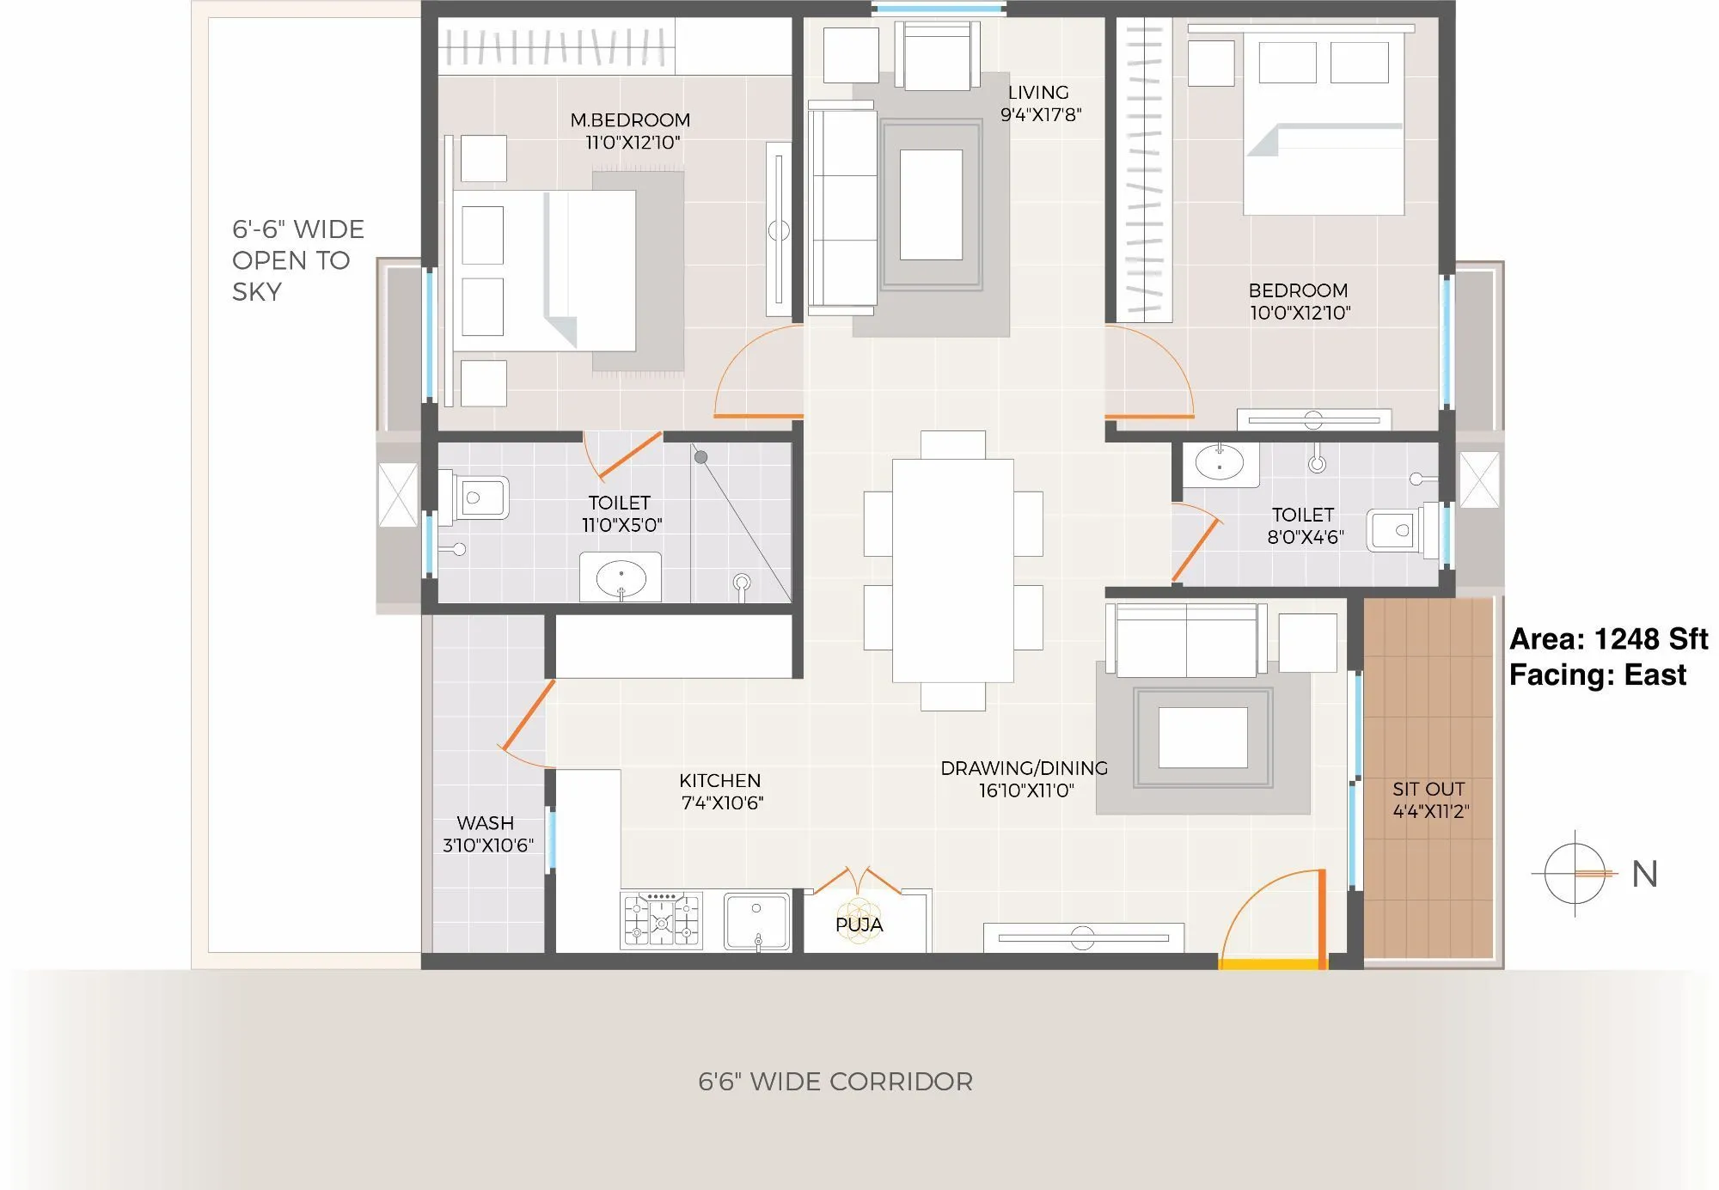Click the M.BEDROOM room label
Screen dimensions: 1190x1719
tap(630, 120)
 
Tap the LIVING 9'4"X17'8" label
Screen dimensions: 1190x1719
tap(1040, 103)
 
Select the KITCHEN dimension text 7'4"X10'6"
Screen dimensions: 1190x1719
tap(722, 803)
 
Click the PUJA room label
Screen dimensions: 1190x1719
tap(859, 925)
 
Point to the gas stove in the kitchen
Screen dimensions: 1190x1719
tap(661, 920)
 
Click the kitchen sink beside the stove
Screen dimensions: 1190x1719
tap(756, 921)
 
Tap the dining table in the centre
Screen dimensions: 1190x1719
tap(952, 571)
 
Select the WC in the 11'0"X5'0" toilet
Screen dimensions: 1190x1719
tap(475, 497)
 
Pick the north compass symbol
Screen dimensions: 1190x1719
tap(1575, 874)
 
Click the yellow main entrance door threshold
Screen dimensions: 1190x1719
tap(1270, 965)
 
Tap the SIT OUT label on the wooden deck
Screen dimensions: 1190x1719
tap(1428, 789)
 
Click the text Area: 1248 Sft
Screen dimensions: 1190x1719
tap(1608, 639)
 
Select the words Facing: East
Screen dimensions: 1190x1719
tap(1597, 675)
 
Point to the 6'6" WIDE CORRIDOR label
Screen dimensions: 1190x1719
tap(835, 1082)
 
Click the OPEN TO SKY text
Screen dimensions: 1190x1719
tap(291, 260)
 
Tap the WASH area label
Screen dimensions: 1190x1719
tap(485, 823)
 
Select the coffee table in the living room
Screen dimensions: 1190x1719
tap(931, 204)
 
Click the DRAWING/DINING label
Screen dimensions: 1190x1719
tap(1024, 768)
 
